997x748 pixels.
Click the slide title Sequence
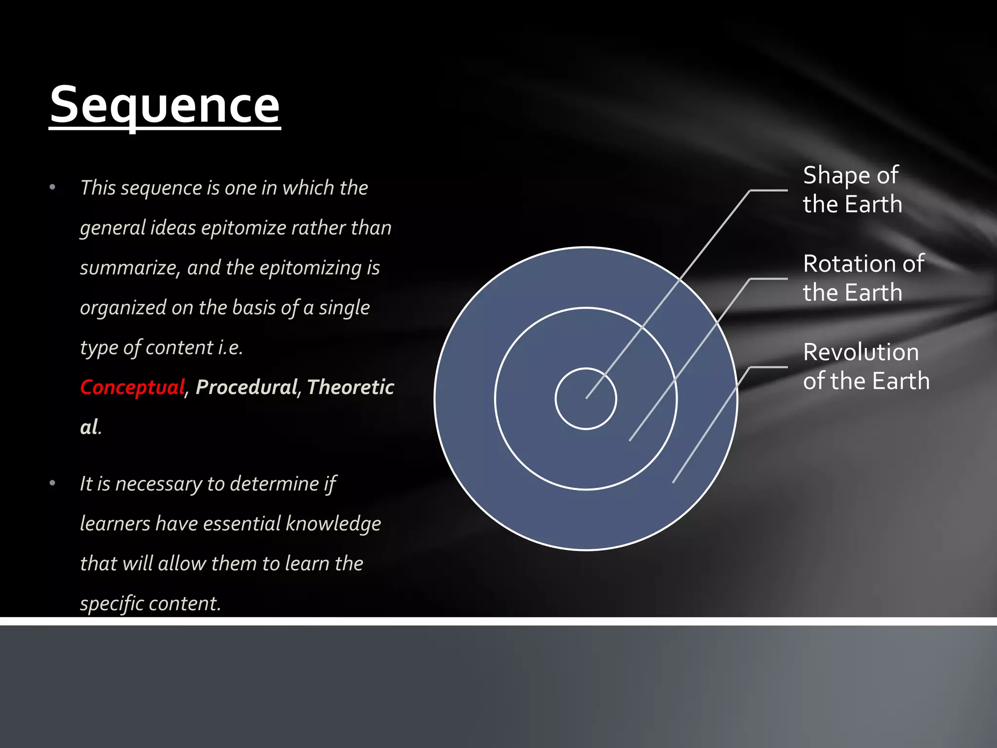point(165,105)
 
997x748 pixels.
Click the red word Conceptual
point(132,387)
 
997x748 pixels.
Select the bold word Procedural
point(246,387)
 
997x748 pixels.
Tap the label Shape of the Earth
point(852,189)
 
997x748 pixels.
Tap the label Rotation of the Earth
point(863,278)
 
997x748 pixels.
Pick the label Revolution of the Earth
point(866,366)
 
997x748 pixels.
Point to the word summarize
point(130,268)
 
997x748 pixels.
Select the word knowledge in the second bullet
point(333,524)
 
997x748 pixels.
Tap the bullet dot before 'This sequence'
point(53,187)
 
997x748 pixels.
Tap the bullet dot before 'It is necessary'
point(53,483)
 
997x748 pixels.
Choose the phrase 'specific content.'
point(150,603)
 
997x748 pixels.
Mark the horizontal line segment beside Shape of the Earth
point(769,190)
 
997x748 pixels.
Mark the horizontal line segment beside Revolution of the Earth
point(769,367)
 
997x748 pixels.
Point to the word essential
point(241,524)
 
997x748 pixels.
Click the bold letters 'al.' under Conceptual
point(90,427)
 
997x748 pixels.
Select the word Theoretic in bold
point(350,387)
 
